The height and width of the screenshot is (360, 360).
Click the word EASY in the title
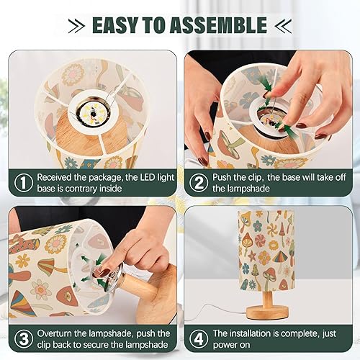[118, 26]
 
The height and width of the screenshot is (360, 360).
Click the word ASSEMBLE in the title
[219, 26]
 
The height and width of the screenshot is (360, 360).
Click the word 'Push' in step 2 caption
[225, 177]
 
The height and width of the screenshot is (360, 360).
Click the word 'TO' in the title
[158, 26]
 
